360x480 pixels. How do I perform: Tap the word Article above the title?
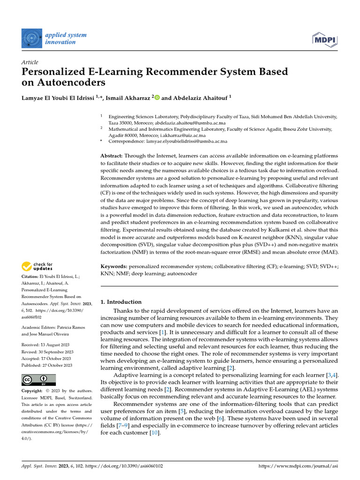(x=30, y=62)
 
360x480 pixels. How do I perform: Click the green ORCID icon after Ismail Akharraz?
(x=157, y=97)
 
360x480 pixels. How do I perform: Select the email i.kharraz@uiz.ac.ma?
(x=183, y=135)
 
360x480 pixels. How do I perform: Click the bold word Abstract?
(x=113, y=155)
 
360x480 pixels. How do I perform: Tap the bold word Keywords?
(x=114, y=266)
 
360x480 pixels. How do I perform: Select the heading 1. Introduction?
(x=121, y=302)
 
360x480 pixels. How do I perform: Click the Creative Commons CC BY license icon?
(x=38, y=380)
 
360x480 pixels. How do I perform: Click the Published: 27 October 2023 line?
(x=47, y=365)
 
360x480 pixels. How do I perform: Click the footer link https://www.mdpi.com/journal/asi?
(x=298, y=466)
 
